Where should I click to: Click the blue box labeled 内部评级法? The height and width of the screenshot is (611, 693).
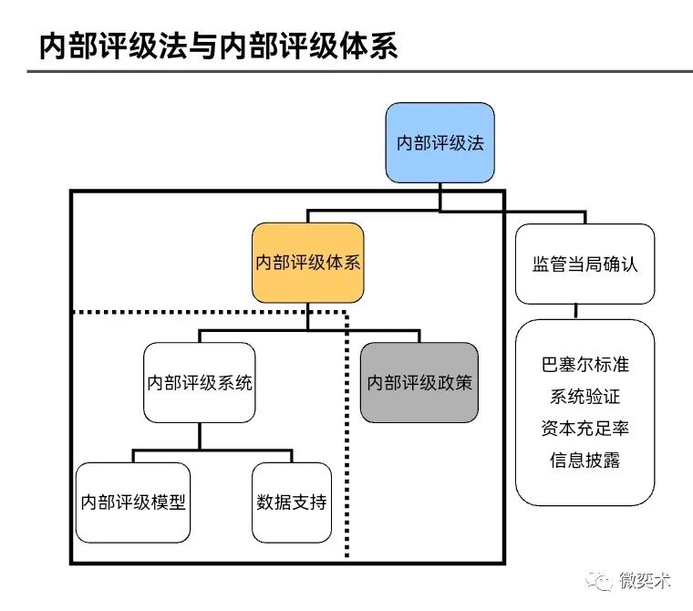tap(440, 143)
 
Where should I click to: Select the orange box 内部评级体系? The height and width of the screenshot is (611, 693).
tap(308, 263)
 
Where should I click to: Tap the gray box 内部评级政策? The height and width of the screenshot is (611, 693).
tap(419, 382)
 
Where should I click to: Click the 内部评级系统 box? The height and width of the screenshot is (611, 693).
tap(199, 382)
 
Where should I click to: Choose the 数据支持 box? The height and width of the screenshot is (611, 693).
tap(292, 502)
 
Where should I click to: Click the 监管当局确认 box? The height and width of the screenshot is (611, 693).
tap(584, 264)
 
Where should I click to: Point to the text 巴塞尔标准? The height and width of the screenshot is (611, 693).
tap(584, 364)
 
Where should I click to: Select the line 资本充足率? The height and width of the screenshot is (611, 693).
tap(584, 428)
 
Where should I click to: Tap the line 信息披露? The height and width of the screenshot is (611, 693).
tap(584, 459)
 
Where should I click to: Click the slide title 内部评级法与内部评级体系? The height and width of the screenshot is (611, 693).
tap(219, 47)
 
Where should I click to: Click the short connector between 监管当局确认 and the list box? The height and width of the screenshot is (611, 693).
tap(575, 311)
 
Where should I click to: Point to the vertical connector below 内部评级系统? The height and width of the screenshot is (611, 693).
tap(199, 436)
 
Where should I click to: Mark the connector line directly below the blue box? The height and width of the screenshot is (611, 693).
tap(440, 196)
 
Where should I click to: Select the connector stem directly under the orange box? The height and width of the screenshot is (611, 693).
tap(308, 316)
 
